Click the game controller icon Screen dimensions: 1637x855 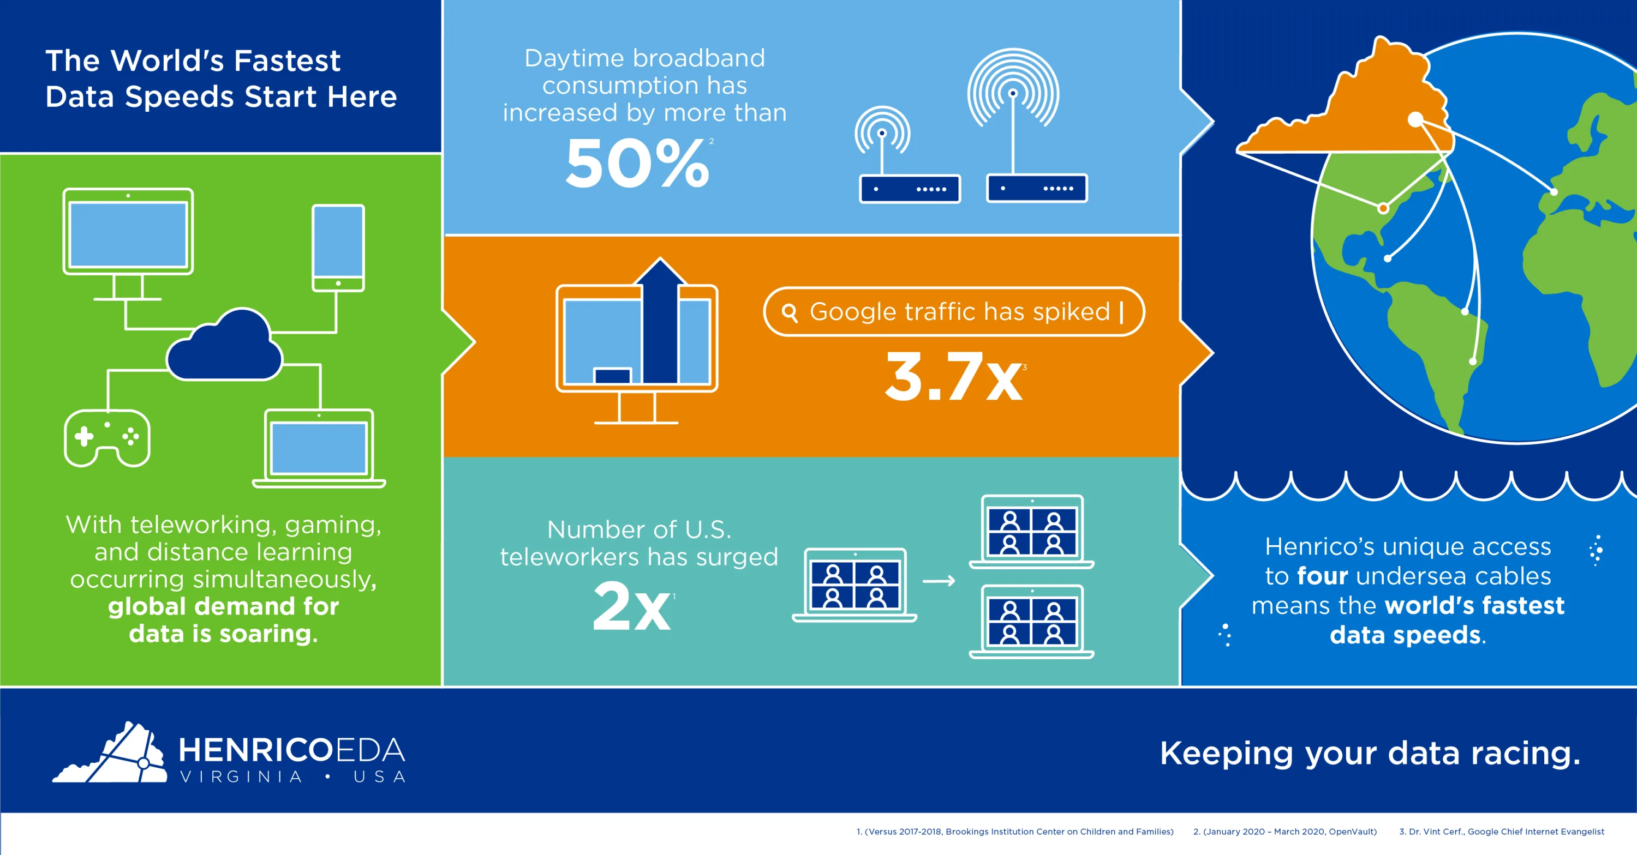coord(107,438)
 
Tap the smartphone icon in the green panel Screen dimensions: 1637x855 coord(338,248)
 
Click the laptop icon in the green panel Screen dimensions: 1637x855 coord(319,448)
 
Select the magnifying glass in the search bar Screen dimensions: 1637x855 coord(789,312)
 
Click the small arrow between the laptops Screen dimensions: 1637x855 coord(939,581)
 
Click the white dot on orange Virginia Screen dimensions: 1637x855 coord(1415,119)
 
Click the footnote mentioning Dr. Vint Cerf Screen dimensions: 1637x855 coord(1502,832)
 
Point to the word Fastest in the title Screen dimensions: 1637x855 coord(286,61)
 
